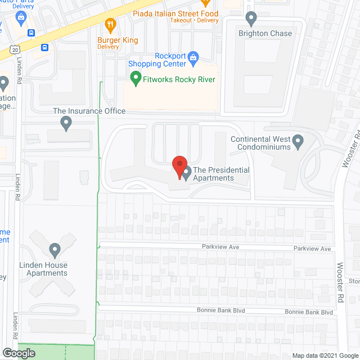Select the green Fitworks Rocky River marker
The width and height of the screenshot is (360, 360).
136,78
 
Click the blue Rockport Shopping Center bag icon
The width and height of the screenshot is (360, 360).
193,57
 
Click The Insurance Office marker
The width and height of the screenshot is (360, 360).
67,122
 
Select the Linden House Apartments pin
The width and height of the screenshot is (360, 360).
55,249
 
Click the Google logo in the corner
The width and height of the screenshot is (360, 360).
18,353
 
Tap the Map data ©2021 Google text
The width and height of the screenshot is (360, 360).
325,355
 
